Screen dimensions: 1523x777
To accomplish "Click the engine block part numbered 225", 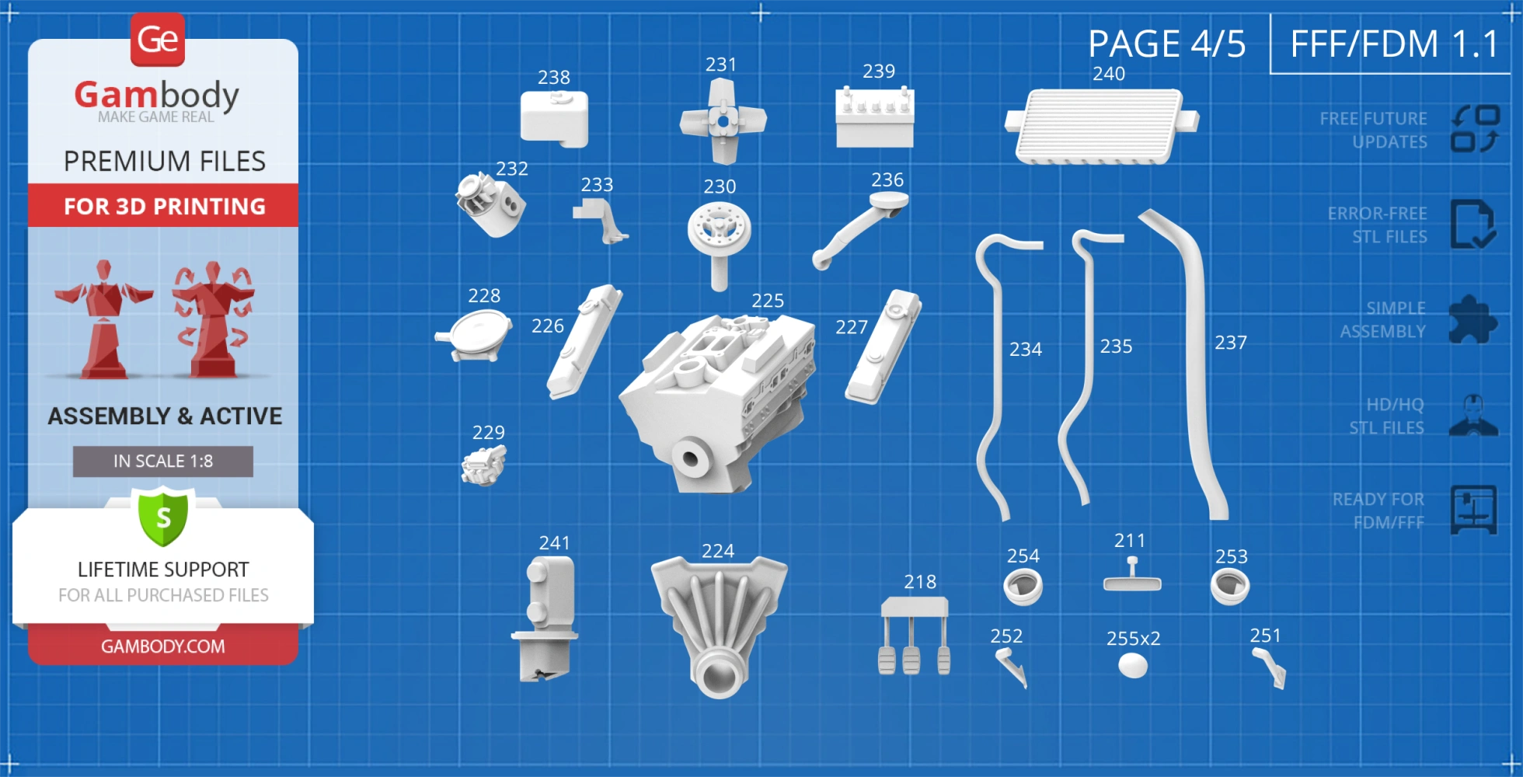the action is [719, 400].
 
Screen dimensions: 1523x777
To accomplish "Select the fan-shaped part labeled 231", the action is [723, 121].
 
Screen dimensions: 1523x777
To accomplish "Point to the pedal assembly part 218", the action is [915, 635].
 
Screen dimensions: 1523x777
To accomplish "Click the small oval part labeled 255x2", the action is [1133, 666].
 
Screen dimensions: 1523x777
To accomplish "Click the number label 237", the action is [1231, 343].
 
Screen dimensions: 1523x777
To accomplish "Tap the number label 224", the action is [718, 551].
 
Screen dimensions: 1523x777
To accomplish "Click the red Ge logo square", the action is [158, 40].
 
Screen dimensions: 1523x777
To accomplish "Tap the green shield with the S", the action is [163, 517].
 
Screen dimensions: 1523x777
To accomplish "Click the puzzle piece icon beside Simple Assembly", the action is [1473, 319].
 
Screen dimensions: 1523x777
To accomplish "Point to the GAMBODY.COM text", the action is [163, 646].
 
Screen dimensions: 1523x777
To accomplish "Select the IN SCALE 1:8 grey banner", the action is [163, 462].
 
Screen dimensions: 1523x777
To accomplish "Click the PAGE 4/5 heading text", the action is [1167, 44].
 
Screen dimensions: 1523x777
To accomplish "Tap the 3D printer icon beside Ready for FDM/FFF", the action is [1474, 510].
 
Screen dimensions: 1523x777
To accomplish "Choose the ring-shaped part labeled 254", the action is [1023, 587].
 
